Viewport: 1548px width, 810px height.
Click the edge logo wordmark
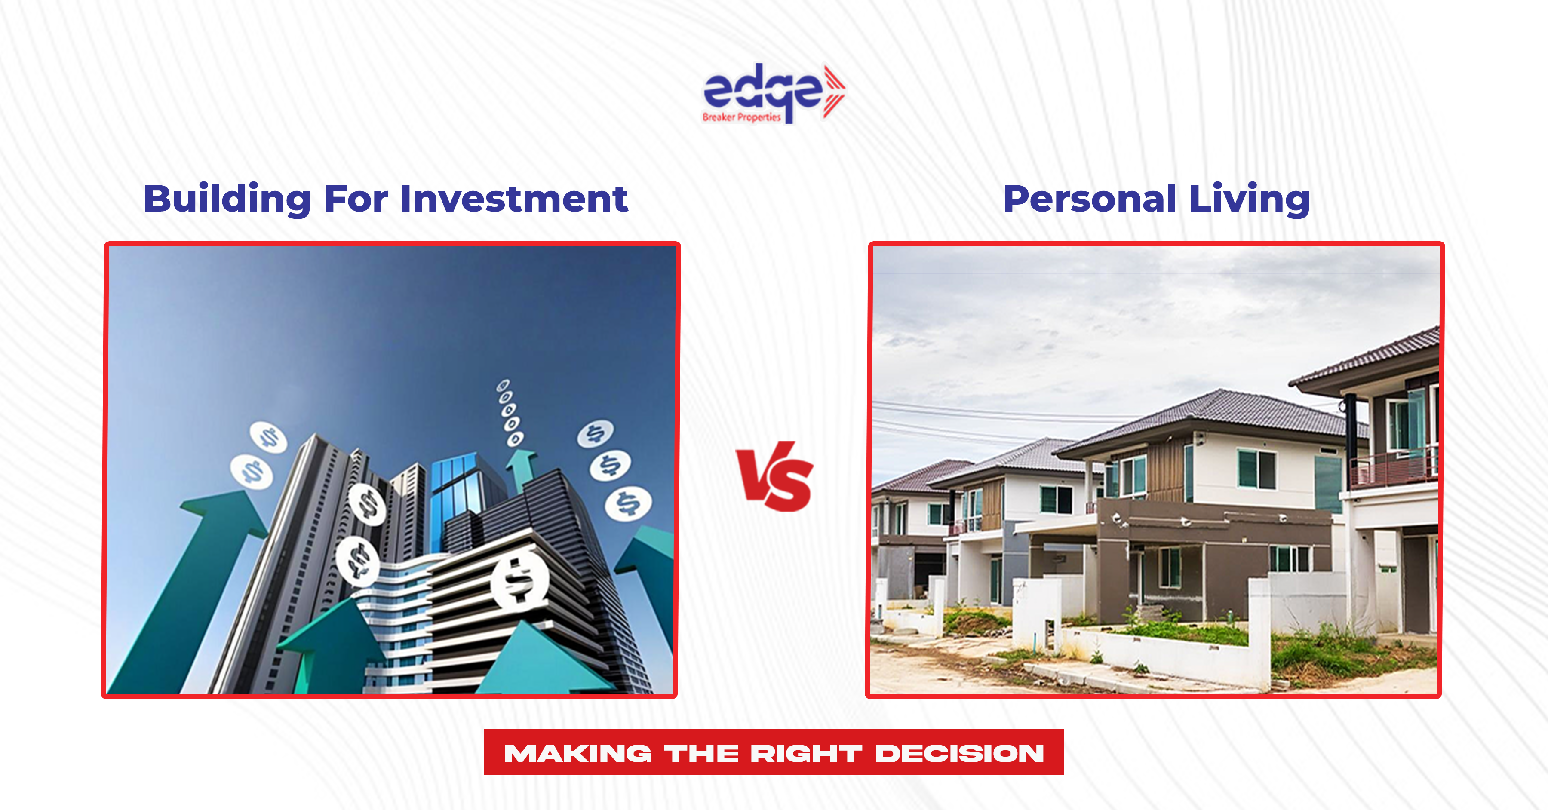point(762,93)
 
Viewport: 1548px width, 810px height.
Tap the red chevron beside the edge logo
point(835,91)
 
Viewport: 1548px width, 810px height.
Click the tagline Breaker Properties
point(742,117)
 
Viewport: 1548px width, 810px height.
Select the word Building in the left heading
point(227,199)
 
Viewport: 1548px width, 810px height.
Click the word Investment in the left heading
point(514,199)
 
